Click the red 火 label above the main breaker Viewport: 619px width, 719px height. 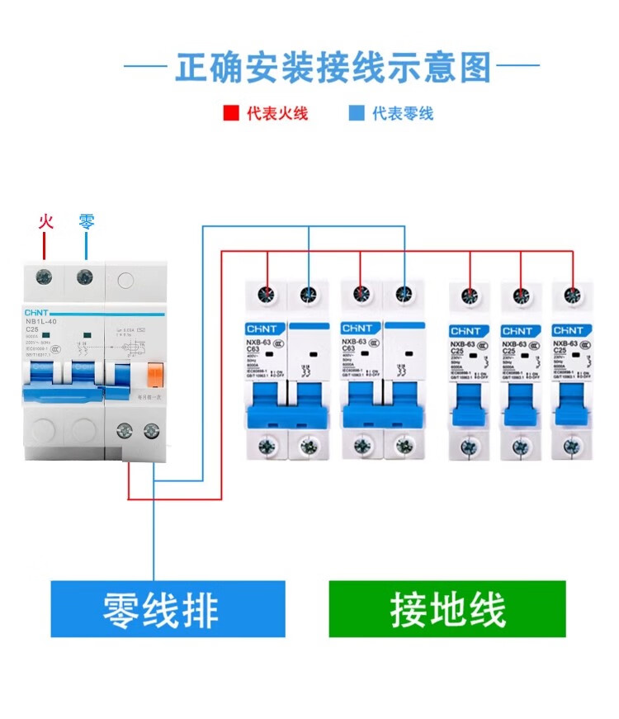pyautogui.click(x=46, y=221)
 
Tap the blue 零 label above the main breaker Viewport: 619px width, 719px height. pyautogui.click(x=86, y=221)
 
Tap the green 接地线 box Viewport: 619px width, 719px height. pyautogui.click(x=447, y=609)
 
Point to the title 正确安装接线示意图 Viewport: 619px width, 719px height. pyautogui.click(x=333, y=67)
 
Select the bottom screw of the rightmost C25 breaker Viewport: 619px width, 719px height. pyautogui.click(x=569, y=447)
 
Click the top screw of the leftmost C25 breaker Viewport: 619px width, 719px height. pyautogui.click(x=469, y=295)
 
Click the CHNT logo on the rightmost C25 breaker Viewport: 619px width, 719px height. pyautogui.click(x=569, y=330)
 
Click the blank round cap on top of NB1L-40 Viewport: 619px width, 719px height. pyautogui.click(x=124, y=279)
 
